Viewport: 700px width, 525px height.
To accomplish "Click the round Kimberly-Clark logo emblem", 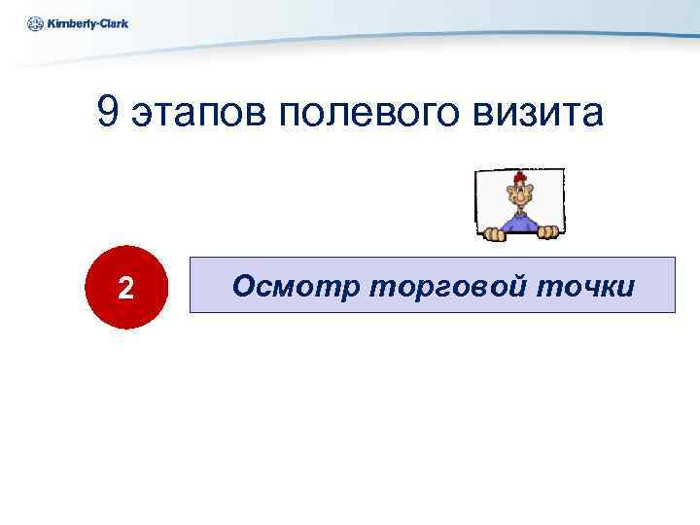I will (35, 23).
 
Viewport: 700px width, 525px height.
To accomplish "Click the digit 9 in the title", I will (109, 114).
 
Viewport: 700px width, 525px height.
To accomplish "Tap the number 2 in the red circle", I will (124, 288).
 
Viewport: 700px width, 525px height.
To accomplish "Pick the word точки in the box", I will (584, 286).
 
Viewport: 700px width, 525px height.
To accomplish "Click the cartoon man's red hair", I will (521, 177).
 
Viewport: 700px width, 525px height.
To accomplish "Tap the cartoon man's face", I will (521, 197).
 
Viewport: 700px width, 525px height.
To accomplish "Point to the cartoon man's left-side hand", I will (494, 232).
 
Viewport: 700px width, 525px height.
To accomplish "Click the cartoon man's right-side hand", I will (549, 232).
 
